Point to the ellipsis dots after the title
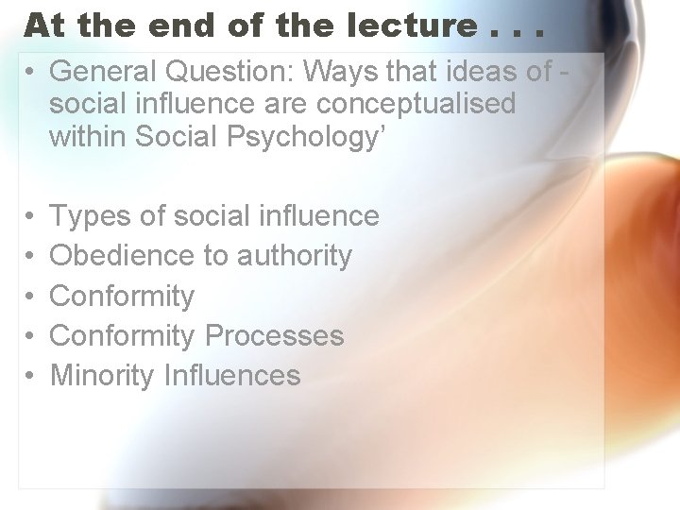[x=517, y=30]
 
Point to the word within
[x=89, y=136]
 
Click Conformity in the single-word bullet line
[x=122, y=297]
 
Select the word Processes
[x=275, y=335]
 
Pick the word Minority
[x=102, y=376]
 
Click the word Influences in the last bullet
[x=232, y=376]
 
